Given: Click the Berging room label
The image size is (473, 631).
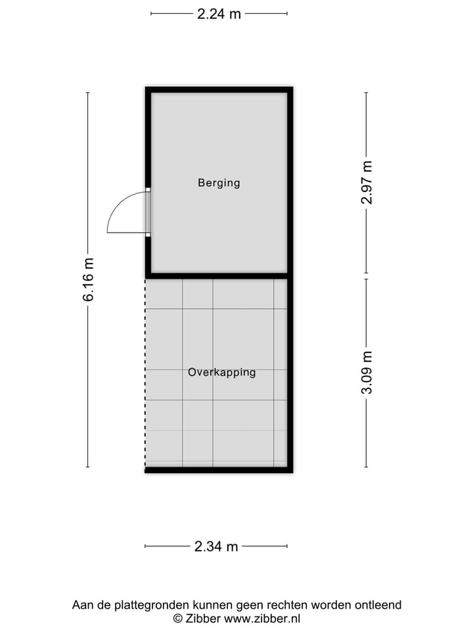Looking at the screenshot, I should pyautogui.click(x=219, y=183).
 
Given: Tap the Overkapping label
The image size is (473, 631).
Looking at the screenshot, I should pyautogui.click(x=221, y=372).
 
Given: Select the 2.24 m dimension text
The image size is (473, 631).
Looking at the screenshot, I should pyautogui.click(x=219, y=13).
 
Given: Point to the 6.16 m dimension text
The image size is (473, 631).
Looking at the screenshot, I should pyautogui.click(x=89, y=279).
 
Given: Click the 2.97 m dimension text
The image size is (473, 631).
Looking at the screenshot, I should pyautogui.click(x=367, y=182).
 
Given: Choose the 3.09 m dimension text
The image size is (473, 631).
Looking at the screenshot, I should pyautogui.click(x=367, y=372).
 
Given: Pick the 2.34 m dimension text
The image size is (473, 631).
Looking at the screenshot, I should pyautogui.click(x=216, y=546).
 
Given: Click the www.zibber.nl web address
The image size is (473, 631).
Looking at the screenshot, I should pyautogui.click(x=262, y=618).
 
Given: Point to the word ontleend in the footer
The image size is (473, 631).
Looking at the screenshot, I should pyautogui.click(x=378, y=605).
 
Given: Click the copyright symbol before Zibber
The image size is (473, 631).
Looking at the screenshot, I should pyautogui.click(x=177, y=618).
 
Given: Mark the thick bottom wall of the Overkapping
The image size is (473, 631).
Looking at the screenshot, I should pyautogui.click(x=219, y=469).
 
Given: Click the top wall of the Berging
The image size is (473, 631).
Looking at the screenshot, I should pyautogui.click(x=219, y=90).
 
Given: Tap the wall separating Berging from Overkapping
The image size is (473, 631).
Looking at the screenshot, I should pyautogui.click(x=219, y=275).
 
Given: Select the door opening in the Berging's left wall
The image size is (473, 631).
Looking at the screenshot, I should pyautogui.click(x=148, y=212).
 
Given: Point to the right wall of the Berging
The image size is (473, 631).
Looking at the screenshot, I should pyautogui.click(x=290, y=182).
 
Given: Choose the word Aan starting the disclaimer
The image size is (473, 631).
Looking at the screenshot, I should pyautogui.click(x=82, y=605).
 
